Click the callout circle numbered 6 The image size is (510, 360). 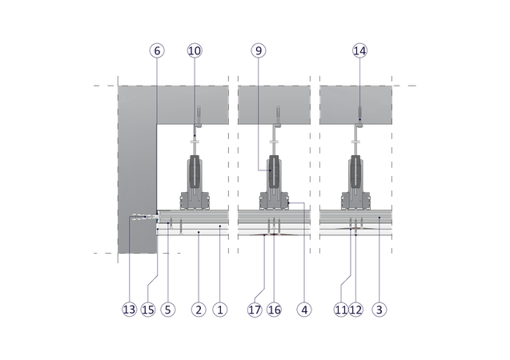[157, 50]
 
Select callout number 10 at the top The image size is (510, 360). [195, 50]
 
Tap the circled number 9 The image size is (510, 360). [258, 50]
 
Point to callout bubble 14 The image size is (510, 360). [359, 50]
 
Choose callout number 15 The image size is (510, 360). [149, 310]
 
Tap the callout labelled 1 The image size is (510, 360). [220, 310]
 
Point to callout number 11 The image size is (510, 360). [341, 310]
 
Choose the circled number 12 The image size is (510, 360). [355, 310]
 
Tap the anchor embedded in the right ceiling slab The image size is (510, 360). [359, 112]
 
